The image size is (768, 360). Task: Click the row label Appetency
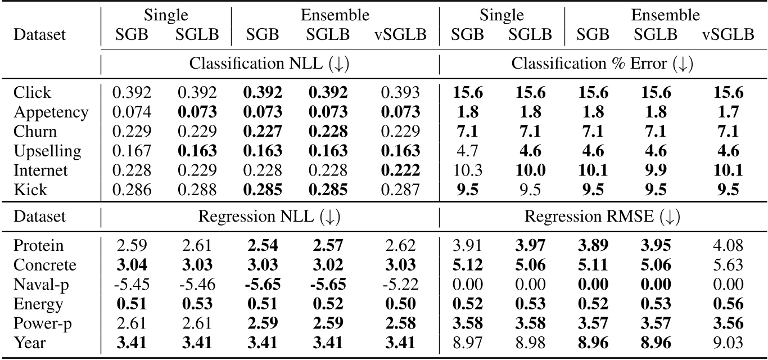click(51, 112)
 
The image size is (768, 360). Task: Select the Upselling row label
click(48, 151)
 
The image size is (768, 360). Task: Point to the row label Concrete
click(46, 265)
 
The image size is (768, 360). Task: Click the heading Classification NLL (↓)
click(269, 64)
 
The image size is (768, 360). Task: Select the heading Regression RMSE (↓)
click(603, 217)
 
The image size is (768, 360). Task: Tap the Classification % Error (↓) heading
click(603, 64)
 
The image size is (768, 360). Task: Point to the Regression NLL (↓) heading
click(269, 217)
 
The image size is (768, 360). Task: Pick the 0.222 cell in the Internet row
click(400, 170)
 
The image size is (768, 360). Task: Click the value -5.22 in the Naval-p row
click(400, 285)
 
